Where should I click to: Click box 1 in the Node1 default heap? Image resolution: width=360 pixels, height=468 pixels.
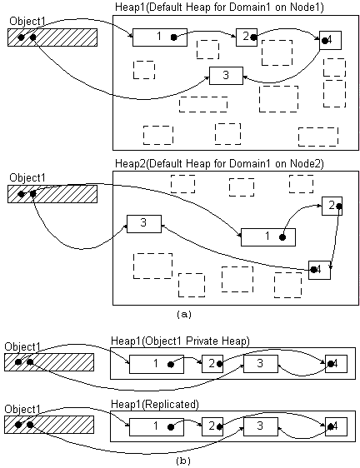click(160, 37)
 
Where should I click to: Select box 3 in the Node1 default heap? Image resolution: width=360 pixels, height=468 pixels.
click(226, 76)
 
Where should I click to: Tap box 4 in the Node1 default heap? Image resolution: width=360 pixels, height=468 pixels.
click(331, 40)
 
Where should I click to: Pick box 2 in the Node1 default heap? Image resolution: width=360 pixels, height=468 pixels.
click(247, 37)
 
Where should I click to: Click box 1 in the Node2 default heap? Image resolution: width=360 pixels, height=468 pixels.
click(268, 237)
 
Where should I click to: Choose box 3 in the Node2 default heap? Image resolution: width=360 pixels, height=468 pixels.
click(144, 224)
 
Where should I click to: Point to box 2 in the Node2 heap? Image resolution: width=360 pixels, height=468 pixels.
click(332, 206)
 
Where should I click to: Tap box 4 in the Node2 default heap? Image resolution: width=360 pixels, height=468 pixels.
click(319, 270)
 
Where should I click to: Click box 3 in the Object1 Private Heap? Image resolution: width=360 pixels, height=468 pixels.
click(261, 364)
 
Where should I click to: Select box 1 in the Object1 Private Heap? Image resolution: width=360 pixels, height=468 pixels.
click(157, 364)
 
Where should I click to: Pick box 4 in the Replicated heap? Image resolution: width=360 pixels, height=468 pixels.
click(336, 427)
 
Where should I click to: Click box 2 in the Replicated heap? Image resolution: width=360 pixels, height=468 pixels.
click(212, 427)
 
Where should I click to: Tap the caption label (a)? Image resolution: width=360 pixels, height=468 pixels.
click(183, 314)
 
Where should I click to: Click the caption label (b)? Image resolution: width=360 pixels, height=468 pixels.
click(183, 461)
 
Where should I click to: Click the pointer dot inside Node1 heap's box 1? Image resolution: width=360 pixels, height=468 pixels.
click(173, 37)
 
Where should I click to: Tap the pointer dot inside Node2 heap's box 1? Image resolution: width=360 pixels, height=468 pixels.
click(282, 237)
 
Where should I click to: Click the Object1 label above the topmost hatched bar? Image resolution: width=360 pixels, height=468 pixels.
click(27, 22)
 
